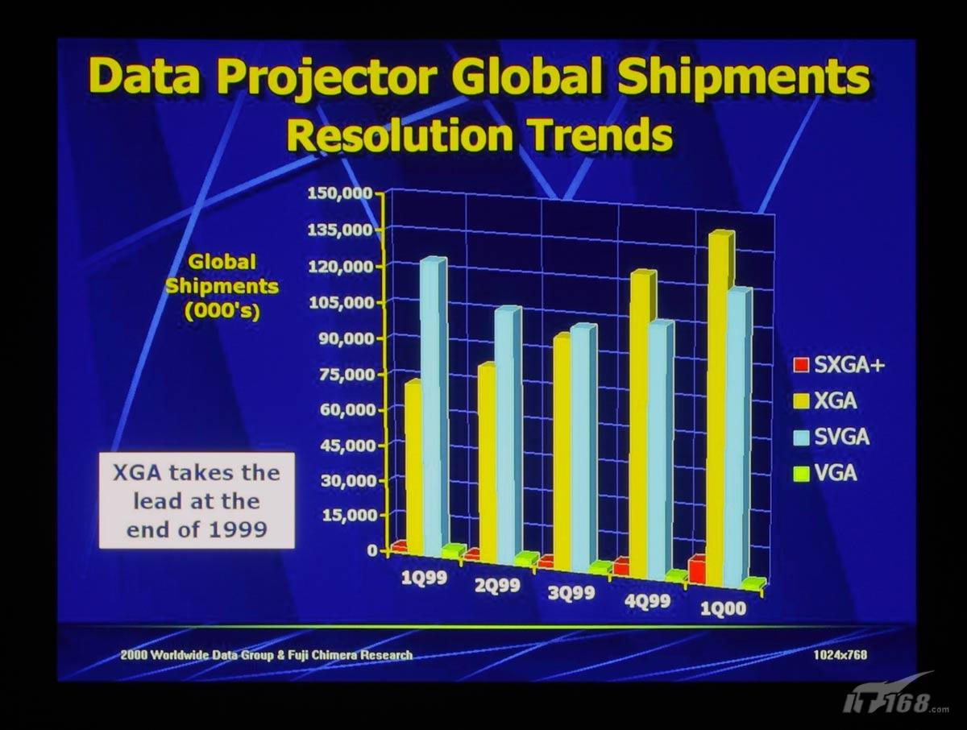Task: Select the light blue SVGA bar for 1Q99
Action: tap(432, 403)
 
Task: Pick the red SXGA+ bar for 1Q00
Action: tap(697, 570)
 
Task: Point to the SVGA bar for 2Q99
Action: tap(506, 435)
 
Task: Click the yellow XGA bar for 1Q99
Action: tap(413, 467)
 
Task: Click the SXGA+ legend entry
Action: tap(838, 365)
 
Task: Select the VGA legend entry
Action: tap(824, 474)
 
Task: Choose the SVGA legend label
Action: tap(841, 438)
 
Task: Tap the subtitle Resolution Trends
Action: tap(479, 136)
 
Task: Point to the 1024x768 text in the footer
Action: tap(840, 655)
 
